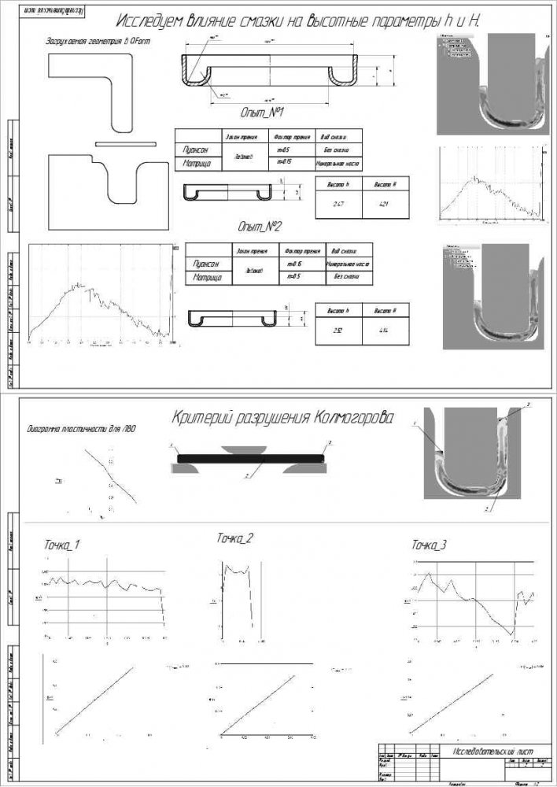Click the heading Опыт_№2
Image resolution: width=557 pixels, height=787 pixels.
[x=260, y=226]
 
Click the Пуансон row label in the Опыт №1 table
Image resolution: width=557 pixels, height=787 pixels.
[x=195, y=149]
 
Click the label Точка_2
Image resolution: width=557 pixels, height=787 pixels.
[x=234, y=538]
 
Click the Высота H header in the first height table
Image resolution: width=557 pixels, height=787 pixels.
[x=383, y=183]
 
